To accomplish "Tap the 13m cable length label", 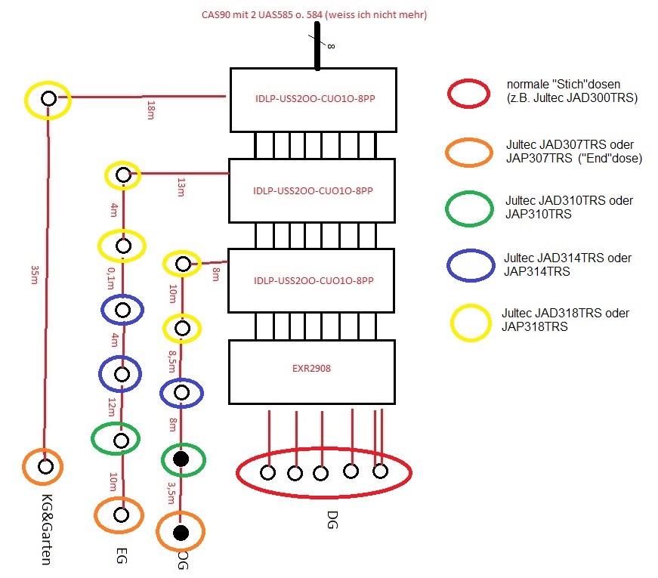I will click(180, 186).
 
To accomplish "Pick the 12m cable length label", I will click(111, 407).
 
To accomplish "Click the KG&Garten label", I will click(46, 529).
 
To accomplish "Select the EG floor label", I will click(121, 556).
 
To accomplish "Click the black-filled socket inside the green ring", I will click(181, 459).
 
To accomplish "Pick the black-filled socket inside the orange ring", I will click(181, 533).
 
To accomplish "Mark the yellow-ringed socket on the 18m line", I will click(48, 98).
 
